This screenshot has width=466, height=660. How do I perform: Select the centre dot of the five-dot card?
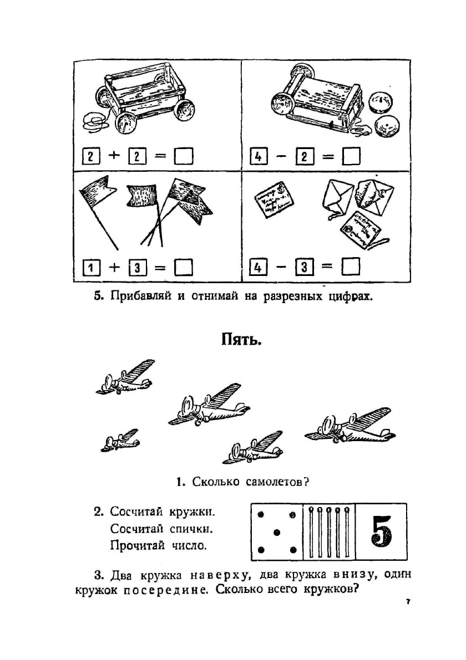click(x=276, y=533)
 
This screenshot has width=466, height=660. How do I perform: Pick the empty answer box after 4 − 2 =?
click(x=351, y=157)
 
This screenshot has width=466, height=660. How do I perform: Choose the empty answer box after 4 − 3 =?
click(x=351, y=268)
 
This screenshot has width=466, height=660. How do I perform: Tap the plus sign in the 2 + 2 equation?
click(x=114, y=157)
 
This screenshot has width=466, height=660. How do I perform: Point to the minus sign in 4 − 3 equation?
click(x=281, y=268)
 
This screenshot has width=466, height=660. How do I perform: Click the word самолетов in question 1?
click(x=271, y=482)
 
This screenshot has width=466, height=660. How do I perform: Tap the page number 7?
click(x=407, y=601)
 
